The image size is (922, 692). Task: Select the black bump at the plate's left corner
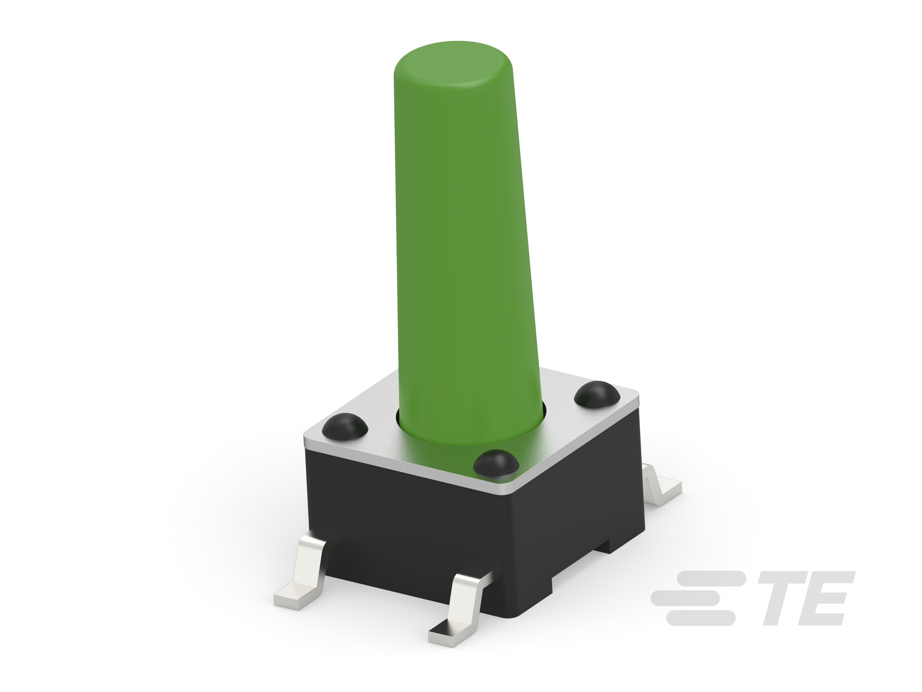(x=345, y=426)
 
